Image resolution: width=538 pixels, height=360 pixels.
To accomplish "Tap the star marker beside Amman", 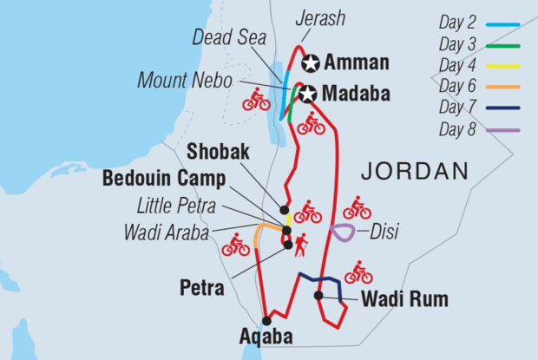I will tap(312, 62).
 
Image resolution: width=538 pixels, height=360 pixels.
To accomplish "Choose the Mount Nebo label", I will tap(185, 80).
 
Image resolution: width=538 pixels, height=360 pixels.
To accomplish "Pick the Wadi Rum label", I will tap(405, 300).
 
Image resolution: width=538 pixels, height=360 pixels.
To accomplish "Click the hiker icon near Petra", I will tap(301, 245).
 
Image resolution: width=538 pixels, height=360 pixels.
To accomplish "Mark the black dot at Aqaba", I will tap(266, 320).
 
